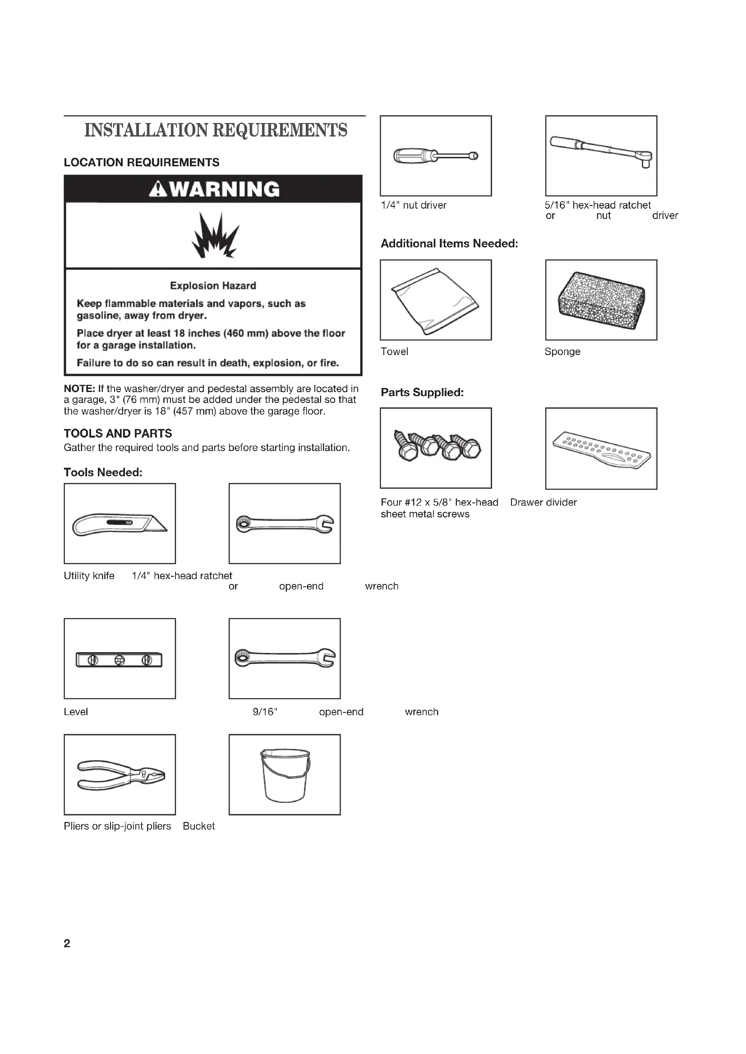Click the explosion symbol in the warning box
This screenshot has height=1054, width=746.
[215, 235]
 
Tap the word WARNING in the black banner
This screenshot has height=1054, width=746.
[224, 189]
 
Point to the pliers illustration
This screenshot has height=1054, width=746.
[120, 776]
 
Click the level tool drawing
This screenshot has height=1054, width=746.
[120, 660]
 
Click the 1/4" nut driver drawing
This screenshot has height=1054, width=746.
[436, 156]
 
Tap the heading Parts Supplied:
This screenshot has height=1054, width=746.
[422, 392]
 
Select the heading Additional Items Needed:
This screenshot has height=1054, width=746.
[449, 244]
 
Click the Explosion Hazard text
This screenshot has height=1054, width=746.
[213, 286]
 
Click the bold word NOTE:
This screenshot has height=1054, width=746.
[79, 389]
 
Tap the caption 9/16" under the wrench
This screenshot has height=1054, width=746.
[265, 712]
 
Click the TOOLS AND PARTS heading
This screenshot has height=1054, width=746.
[118, 433]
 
